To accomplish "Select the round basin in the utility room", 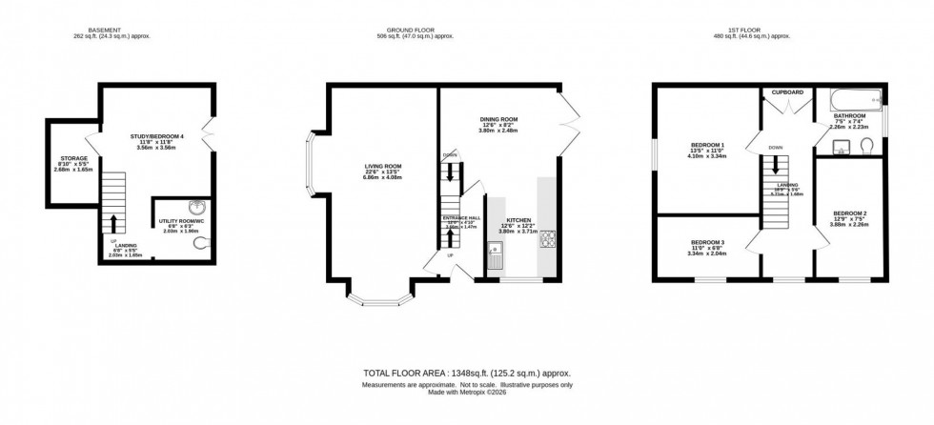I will (195, 209).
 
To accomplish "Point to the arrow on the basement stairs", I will (113, 223).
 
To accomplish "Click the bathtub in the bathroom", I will (851, 99).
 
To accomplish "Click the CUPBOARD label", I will (787, 92).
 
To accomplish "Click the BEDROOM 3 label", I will (707, 243).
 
